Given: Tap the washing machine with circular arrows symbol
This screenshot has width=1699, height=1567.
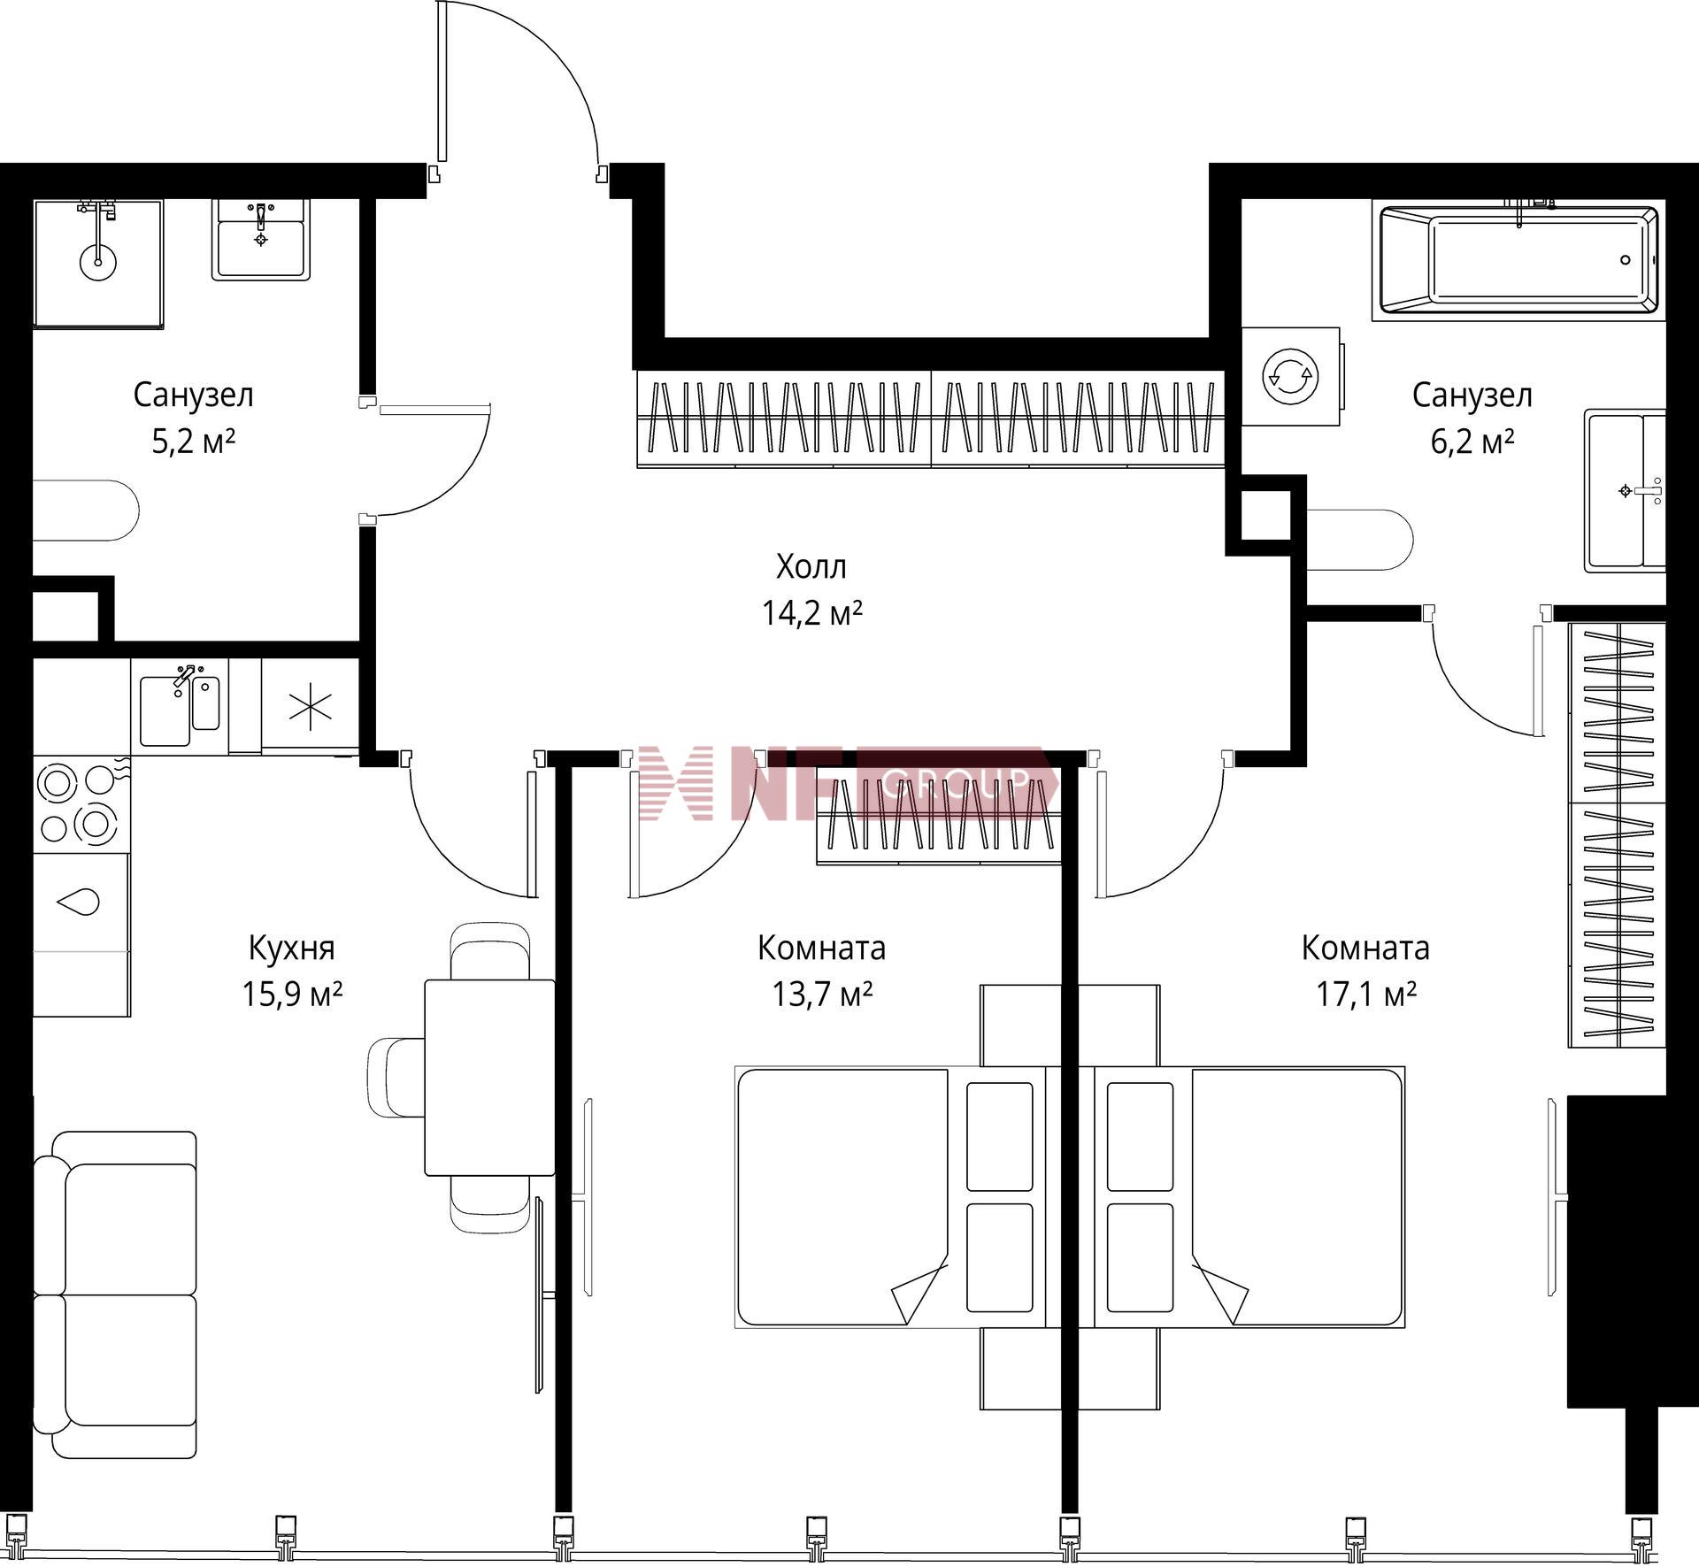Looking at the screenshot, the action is (1290, 377).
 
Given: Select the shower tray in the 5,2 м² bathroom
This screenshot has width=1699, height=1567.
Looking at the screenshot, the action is (98, 263).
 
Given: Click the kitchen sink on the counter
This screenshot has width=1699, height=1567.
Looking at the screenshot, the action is (180, 706).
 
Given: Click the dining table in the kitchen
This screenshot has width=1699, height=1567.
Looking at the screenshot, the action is (489, 1077).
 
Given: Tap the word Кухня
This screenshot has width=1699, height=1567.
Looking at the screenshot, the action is (292, 949).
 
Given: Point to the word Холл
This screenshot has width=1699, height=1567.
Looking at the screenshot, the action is (811, 566).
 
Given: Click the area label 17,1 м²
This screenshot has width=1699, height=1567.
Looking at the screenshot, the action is (1365, 995).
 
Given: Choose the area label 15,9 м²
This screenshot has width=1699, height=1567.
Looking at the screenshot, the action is (292, 995).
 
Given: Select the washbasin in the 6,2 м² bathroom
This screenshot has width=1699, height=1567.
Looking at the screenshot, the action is (1626, 490).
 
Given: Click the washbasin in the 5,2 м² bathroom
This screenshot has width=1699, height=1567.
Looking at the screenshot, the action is (261, 239).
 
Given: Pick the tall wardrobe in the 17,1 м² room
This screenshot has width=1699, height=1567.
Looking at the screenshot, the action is (1617, 835).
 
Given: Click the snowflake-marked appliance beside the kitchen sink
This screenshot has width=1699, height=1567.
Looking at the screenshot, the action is (311, 706).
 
